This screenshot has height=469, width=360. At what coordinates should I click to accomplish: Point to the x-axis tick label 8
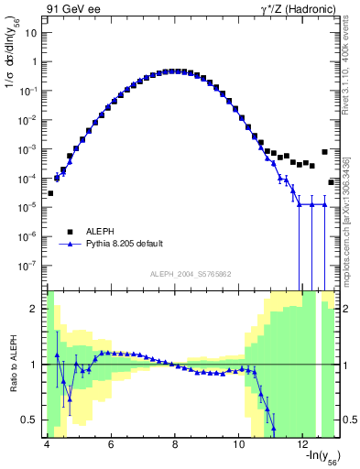[x=175, y=443]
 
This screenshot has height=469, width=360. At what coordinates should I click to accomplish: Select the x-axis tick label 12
[x=304, y=443]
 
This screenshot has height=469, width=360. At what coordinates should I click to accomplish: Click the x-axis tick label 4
[x=46, y=443]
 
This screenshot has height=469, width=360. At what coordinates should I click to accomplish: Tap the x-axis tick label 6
[x=110, y=443]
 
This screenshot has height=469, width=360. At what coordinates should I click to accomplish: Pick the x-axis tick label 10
[x=239, y=443]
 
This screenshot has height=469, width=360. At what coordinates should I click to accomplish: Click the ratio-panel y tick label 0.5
[x=30, y=420]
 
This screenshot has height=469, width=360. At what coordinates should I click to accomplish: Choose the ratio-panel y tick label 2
[x=35, y=310]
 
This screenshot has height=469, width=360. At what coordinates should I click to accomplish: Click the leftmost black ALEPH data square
[x=50, y=193]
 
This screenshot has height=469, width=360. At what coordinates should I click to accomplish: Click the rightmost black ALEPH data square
[x=332, y=181]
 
